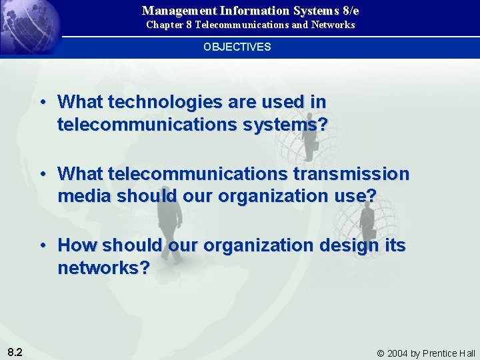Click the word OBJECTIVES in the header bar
237,47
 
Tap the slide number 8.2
15,351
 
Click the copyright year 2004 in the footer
399,353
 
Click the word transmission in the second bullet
361,174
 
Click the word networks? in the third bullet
103,268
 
